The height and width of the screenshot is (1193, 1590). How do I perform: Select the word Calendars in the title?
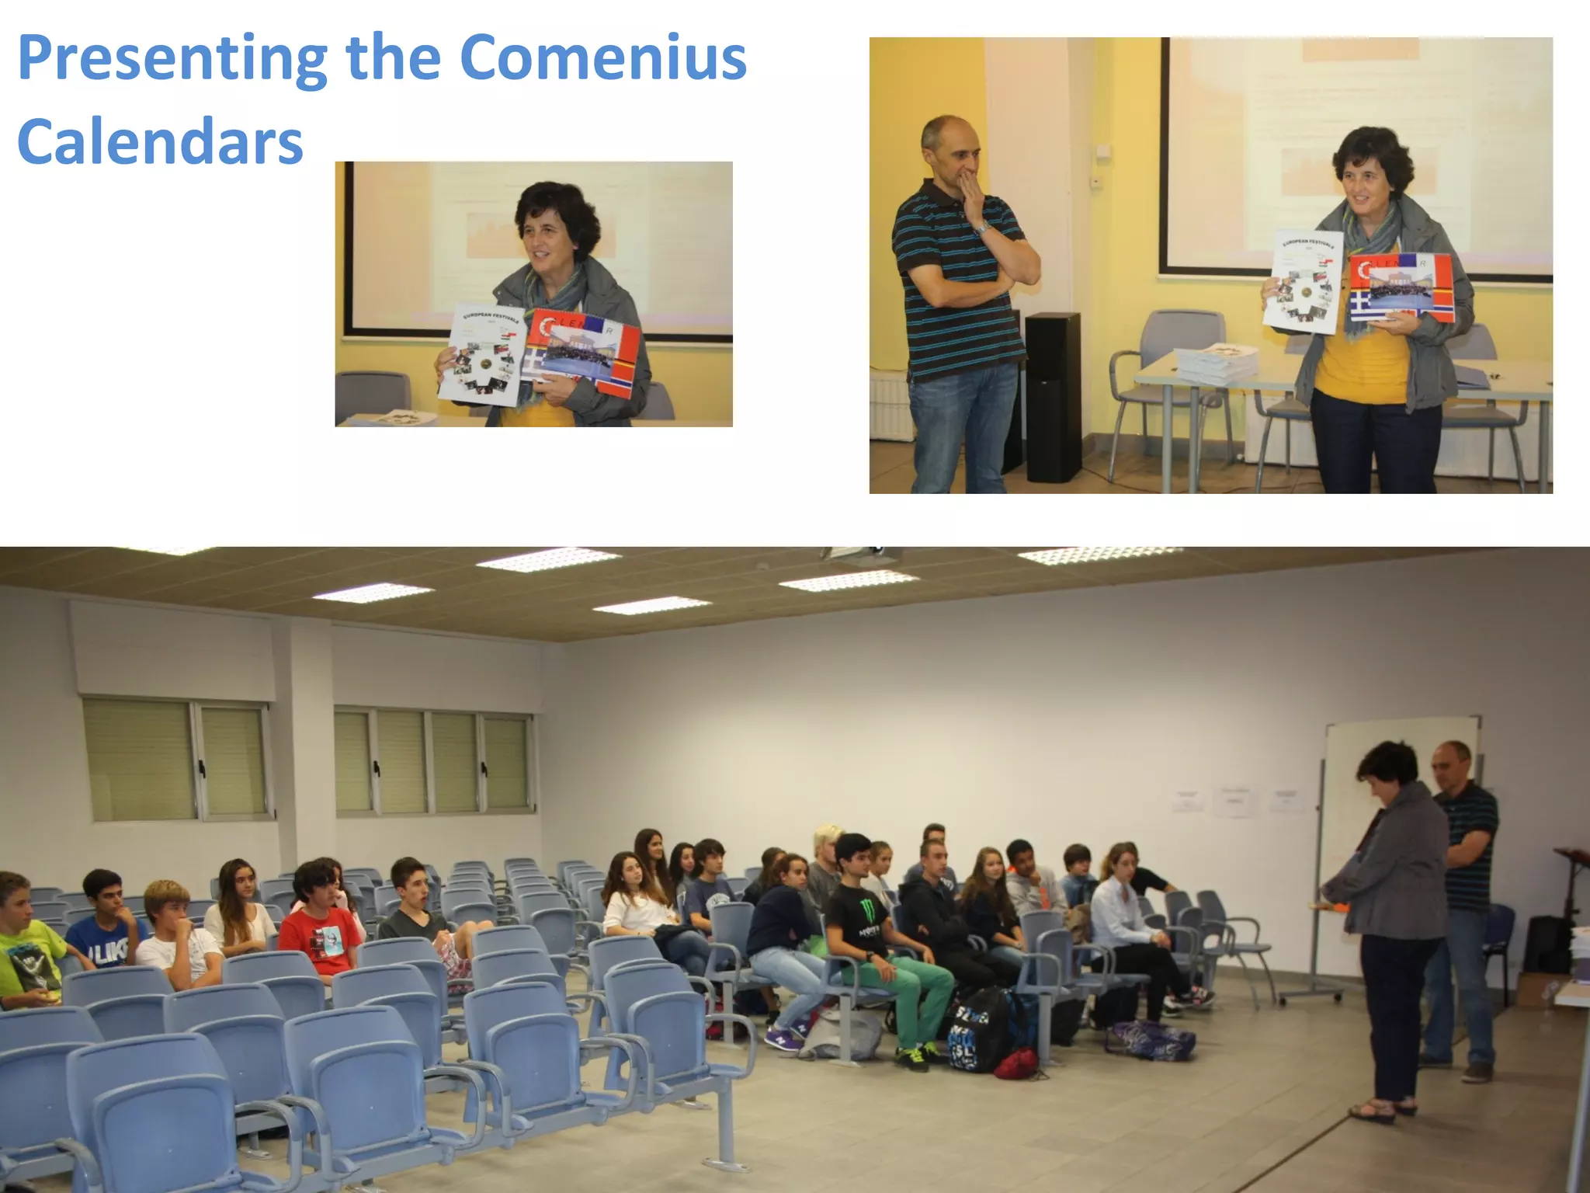[160, 143]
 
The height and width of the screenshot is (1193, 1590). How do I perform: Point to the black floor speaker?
[1052, 396]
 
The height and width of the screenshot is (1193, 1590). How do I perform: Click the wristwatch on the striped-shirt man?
[983, 227]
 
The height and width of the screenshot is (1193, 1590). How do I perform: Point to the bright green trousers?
[916, 990]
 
